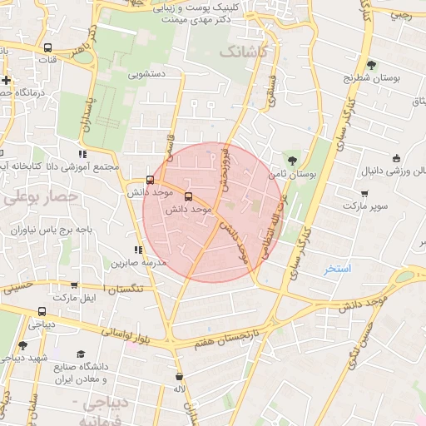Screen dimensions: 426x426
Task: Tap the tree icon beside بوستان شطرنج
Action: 371,64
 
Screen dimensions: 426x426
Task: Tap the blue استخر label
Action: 339,270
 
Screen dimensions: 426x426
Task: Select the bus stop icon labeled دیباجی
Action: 42,314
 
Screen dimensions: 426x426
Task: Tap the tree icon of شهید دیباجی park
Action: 22,345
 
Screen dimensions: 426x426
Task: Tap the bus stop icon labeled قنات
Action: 47,48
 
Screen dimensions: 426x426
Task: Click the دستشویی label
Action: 147,74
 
